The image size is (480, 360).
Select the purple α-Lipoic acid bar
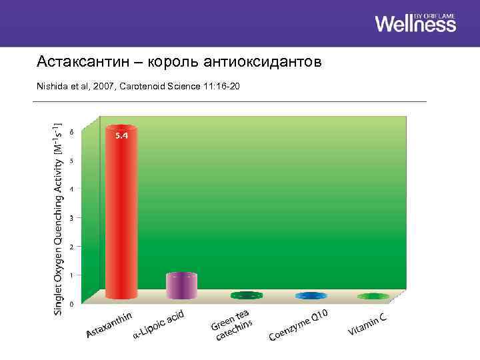pyautogui.click(x=181, y=285)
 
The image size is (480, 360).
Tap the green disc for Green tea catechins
pyautogui.click(x=247, y=295)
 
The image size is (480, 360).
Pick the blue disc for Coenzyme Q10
pyautogui.click(x=311, y=295)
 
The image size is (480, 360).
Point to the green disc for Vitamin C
pyautogui.click(x=373, y=295)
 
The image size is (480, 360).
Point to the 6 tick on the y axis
pyautogui.click(x=71, y=131)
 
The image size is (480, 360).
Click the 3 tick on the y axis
pyautogui.click(x=71, y=217)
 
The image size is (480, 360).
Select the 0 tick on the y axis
pyautogui.click(x=71, y=304)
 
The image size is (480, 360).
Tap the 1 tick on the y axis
pyautogui.click(x=71, y=275)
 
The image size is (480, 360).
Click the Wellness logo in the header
pyautogui.click(x=415, y=23)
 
